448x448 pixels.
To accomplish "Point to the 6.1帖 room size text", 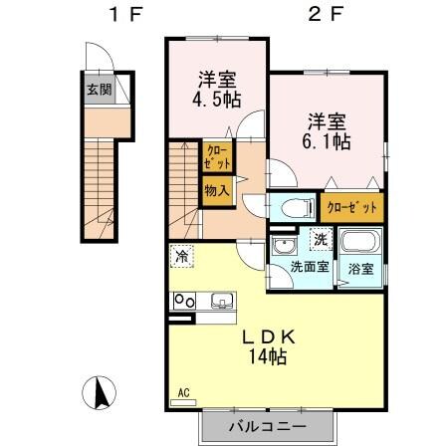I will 327,141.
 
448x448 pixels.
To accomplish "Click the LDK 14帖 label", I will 268,345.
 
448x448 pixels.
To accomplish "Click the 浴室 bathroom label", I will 360,269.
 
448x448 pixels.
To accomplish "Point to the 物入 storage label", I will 217,189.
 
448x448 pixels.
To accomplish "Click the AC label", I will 183,392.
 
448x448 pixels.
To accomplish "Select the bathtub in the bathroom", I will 357,243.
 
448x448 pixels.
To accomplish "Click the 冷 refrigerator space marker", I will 182,256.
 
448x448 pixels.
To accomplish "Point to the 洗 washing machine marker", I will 320,238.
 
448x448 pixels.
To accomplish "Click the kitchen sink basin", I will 219,301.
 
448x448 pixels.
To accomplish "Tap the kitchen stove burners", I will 185,300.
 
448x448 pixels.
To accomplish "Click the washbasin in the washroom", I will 283,246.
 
